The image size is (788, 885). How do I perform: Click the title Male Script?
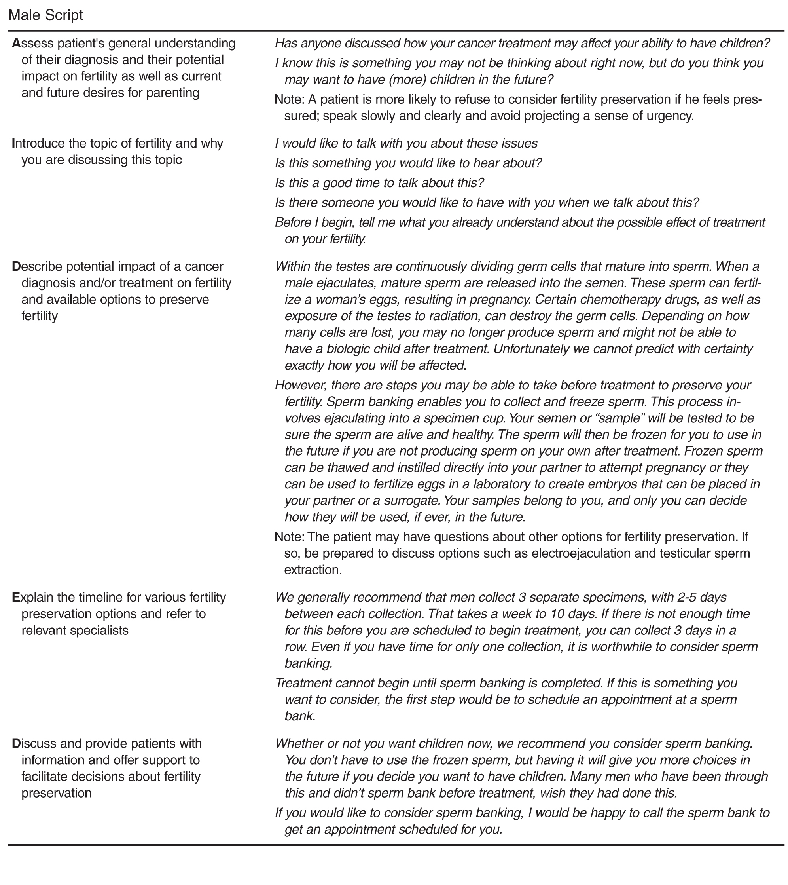point(45,15)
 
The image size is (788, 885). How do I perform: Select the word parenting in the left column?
point(169,93)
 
